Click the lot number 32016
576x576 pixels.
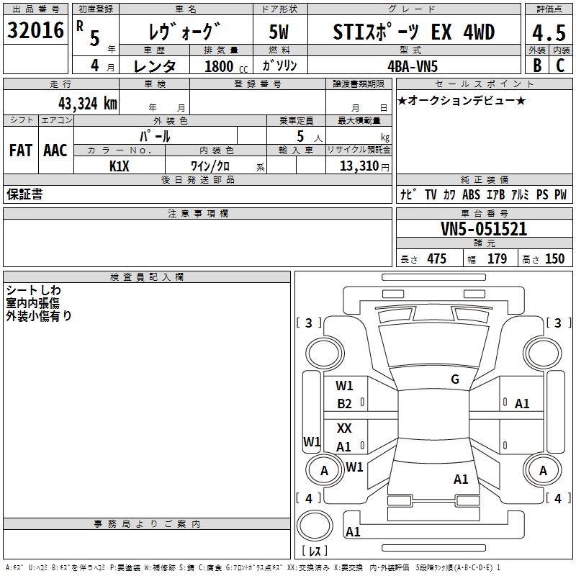coord(35,31)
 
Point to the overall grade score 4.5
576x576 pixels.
coord(548,33)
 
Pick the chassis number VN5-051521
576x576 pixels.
coord(483,229)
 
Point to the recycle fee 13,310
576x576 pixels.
coord(360,166)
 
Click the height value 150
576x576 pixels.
coord(554,259)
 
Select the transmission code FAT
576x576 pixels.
coord(20,150)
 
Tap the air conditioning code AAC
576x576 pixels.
coord(55,150)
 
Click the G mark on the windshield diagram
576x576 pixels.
coord(454,379)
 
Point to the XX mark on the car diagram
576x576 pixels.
coord(344,428)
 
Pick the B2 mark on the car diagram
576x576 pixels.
coord(344,403)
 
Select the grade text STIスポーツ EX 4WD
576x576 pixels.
coord(413,32)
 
